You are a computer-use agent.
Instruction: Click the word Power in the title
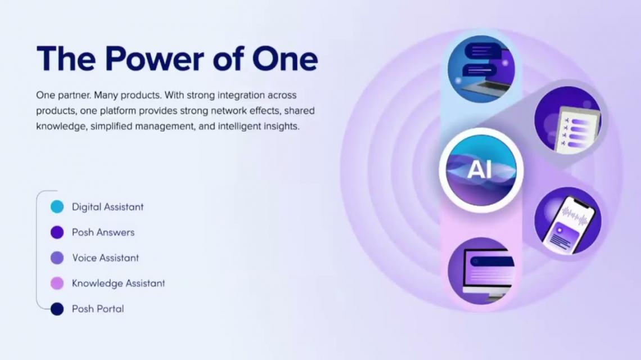point(154,59)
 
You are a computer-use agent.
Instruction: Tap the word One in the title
point(285,59)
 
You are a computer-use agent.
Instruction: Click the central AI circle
point(481,170)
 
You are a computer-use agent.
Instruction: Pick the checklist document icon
point(568,120)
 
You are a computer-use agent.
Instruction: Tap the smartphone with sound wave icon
point(568,220)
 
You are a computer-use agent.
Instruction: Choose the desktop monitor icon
point(481,271)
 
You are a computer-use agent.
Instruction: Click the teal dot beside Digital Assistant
point(57,206)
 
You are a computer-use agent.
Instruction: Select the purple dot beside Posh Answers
point(57,232)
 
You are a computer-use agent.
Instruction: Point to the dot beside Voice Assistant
point(57,258)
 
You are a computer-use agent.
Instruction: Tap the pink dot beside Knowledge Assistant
point(57,283)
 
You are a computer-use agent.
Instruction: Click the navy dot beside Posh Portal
point(57,309)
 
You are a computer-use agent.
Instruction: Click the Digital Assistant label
point(108,207)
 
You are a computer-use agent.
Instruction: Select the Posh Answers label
point(103,232)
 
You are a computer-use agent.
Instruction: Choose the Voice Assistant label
point(106,258)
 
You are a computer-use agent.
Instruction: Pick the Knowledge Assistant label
point(119,283)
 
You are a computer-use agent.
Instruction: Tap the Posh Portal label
point(98,309)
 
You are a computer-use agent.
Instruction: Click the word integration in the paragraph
point(241,95)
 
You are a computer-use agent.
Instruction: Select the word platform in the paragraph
point(118,111)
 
